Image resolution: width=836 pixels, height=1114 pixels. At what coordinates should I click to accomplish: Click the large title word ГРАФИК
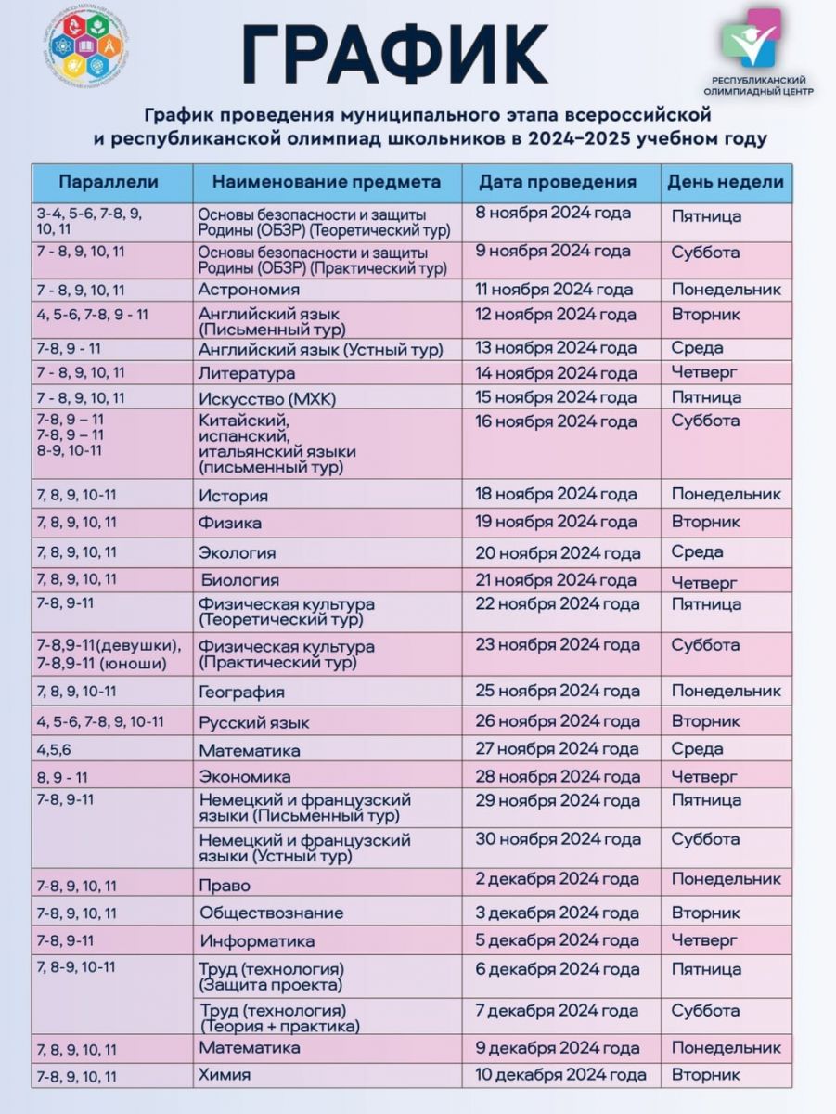click(x=394, y=54)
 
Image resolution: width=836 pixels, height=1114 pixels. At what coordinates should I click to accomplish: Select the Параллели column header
click(x=109, y=182)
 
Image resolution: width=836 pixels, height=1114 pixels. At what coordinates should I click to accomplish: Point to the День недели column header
click(x=726, y=182)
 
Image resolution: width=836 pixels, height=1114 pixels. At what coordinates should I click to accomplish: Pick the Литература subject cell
click(x=247, y=373)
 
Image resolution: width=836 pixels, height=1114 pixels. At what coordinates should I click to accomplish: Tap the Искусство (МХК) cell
click(x=266, y=398)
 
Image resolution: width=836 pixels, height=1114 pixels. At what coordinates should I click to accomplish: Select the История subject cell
click(x=234, y=496)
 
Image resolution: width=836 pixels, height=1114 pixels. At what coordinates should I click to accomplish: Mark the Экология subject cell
click(x=238, y=553)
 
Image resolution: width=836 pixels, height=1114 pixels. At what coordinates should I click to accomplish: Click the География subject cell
click(x=242, y=692)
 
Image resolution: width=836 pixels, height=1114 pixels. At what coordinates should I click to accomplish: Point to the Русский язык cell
click(x=254, y=722)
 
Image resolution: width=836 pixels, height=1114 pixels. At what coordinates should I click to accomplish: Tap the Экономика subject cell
click(x=246, y=776)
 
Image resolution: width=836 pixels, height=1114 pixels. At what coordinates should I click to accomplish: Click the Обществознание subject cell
click(x=272, y=913)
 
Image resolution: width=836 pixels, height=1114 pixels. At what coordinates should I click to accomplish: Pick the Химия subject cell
click(x=225, y=1075)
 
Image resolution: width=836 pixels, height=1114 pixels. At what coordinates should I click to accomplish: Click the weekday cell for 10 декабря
click(x=707, y=1075)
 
